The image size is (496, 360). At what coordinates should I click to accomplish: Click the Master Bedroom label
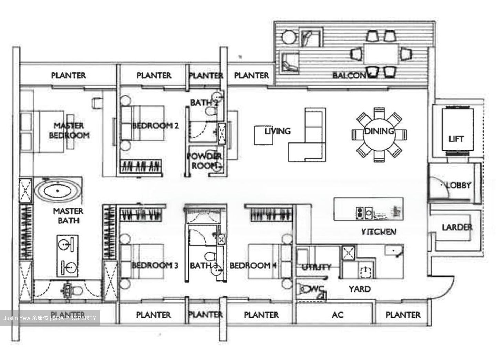69,130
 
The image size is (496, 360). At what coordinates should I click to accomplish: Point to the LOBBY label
458,185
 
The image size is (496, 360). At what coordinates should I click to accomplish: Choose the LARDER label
457,227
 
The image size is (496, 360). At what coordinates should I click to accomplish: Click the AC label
338,315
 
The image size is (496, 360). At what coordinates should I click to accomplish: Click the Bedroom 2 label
155,126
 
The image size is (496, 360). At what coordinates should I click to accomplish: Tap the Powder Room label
205,161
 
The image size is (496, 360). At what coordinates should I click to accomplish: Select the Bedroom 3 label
155,265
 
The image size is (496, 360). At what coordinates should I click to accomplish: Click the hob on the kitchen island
364,213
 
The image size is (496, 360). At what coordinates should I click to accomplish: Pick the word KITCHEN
379,232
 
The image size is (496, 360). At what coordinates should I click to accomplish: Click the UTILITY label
316,267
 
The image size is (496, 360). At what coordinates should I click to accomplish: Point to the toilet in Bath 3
209,257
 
